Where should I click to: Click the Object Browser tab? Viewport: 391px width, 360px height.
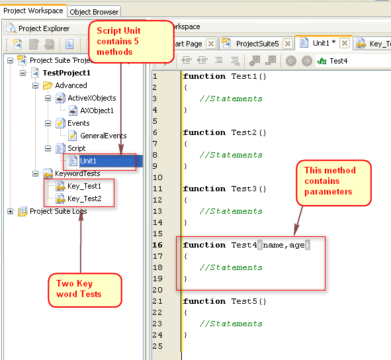[x=94, y=12]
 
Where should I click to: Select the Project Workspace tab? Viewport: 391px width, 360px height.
[x=34, y=11]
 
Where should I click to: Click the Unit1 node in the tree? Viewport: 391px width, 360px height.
[x=88, y=161]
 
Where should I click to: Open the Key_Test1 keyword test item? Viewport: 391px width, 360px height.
[x=84, y=186]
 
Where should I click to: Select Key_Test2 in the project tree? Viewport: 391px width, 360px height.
[x=85, y=199]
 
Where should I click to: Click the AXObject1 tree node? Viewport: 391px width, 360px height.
[x=97, y=111]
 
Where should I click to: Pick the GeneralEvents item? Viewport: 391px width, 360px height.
[x=103, y=136]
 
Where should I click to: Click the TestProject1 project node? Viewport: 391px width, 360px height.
[x=66, y=73]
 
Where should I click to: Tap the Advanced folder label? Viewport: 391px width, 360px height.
[x=71, y=85]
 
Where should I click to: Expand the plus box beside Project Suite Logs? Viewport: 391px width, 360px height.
[x=10, y=211]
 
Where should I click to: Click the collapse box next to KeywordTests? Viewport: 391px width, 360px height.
[x=36, y=173]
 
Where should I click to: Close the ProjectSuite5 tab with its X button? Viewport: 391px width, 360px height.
[x=288, y=44]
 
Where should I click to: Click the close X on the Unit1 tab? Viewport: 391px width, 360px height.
[x=345, y=43]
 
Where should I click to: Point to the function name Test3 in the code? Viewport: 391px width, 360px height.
[x=244, y=189]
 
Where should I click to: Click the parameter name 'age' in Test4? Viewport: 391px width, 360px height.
[x=297, y=246]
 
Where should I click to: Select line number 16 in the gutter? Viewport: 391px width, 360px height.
[x=157, y=245]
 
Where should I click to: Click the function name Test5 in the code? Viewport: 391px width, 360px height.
[x=244, y=301]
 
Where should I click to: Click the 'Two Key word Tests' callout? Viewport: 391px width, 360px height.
[x=85, y=290]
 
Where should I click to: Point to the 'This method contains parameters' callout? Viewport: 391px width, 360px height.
[x=333, y=183]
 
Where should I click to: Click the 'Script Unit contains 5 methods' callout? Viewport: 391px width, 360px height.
[x=131, y=42]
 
